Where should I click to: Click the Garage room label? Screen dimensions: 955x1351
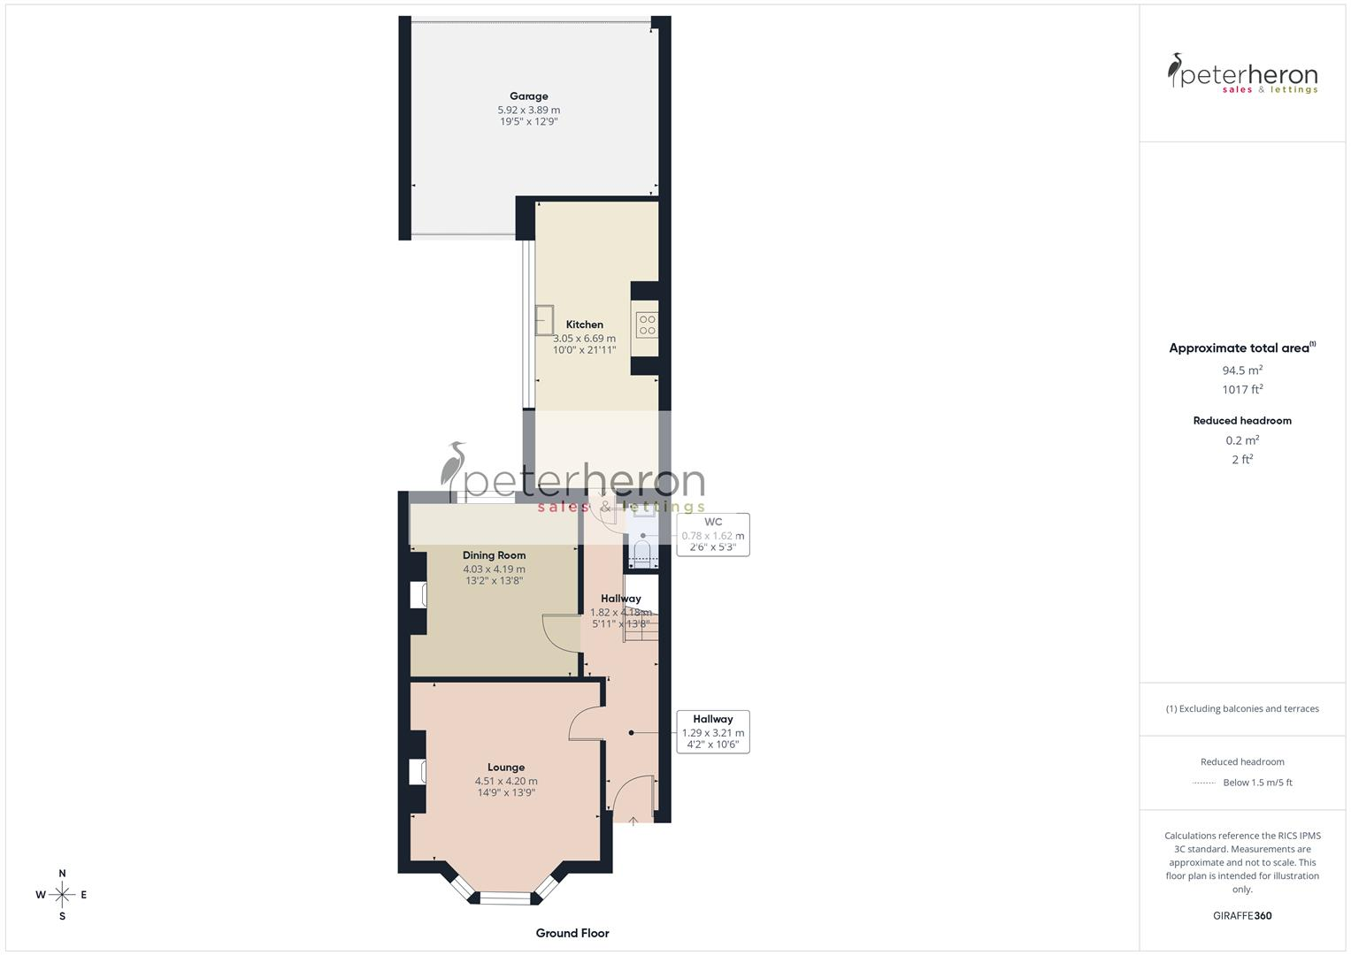coord(528,96)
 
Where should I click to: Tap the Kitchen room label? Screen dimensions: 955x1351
coord(584,325)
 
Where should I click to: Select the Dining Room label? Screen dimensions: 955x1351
coord(494,555)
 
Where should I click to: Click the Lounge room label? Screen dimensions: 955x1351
coord(505,768)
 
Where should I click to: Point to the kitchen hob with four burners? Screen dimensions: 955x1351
coord(647,325)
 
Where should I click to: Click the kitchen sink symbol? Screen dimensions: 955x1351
coord(544,319)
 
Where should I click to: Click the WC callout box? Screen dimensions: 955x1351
coord(713,534)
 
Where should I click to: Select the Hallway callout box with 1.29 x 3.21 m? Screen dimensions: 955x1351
coord(712,731)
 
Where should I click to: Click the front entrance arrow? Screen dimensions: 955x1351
coord(633,821)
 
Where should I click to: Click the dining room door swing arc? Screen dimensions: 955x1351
coord(559,631)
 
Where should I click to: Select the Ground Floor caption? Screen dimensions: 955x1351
coord(572,933)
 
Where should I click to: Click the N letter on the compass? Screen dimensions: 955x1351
coord(62,874)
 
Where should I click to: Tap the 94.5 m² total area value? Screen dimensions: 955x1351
coord(1242,371)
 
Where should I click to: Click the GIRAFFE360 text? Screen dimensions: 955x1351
coord(1242,916)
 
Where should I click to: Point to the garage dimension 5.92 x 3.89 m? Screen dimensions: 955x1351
coord(528,110)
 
